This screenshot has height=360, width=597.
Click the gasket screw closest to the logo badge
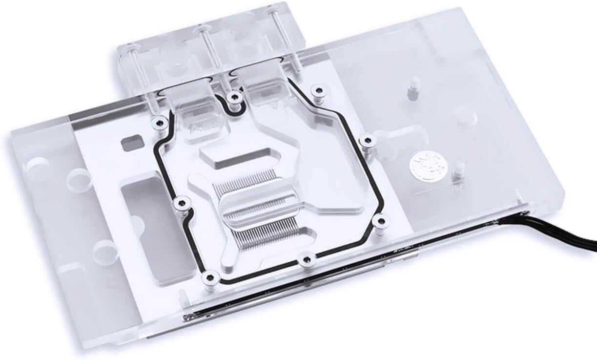click(365, 141)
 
